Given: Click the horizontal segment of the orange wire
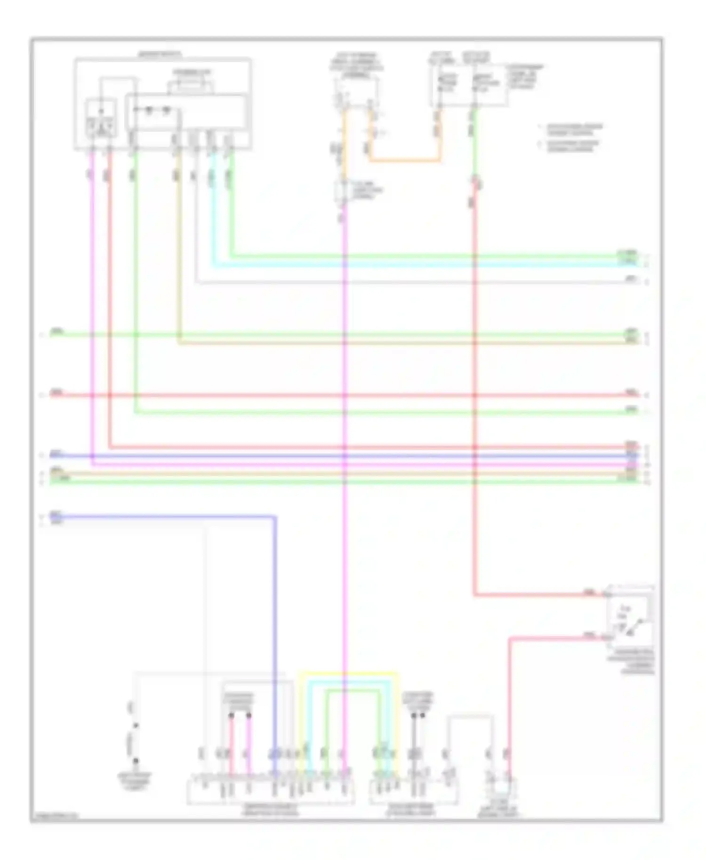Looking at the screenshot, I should pos(405,161).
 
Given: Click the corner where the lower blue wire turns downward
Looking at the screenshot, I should pos(275,518).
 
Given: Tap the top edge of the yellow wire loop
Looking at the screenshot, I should pos(348,673).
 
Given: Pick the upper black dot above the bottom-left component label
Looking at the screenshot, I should pos(136,725).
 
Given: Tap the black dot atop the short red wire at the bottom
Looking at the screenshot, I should pos(231,716).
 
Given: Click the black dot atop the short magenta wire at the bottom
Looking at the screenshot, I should pos(249,716).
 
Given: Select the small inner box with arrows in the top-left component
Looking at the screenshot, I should pos(101,119).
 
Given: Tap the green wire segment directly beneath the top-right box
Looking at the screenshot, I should pos(474,141).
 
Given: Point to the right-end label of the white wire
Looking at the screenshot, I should pos(631,279).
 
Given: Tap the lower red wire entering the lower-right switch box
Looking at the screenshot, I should pos(555,638).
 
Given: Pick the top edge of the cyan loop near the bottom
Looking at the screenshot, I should pos(348,682).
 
